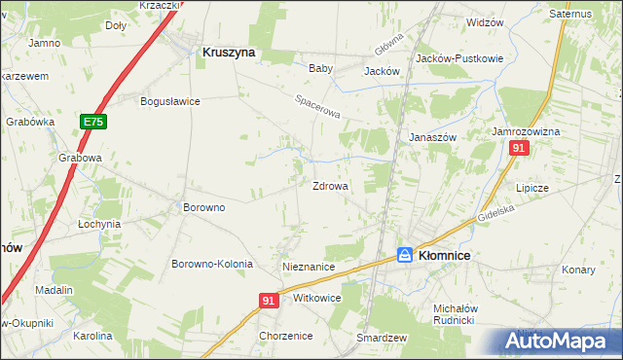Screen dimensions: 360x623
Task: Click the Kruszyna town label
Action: pos(228,54)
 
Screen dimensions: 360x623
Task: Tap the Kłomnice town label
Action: pos(444,255)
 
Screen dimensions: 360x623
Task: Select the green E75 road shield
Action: pos(93,122)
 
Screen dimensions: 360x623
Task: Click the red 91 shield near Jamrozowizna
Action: pos(519,148)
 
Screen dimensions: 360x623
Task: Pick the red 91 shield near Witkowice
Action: pos(271,302)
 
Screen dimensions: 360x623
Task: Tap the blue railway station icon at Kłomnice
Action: pos(405,254)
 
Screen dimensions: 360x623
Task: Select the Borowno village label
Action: pos(204,207)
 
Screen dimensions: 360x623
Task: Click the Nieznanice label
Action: pos(309,267)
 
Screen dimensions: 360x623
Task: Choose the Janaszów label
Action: pos(432,137)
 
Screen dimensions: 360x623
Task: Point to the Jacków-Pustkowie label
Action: pos(459,58)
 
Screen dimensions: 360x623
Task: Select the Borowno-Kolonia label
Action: pos(212,265)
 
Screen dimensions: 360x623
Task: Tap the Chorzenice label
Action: pos(285,336)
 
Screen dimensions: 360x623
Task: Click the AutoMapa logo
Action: pos(560,342)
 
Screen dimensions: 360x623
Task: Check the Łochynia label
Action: pos(99,224)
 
